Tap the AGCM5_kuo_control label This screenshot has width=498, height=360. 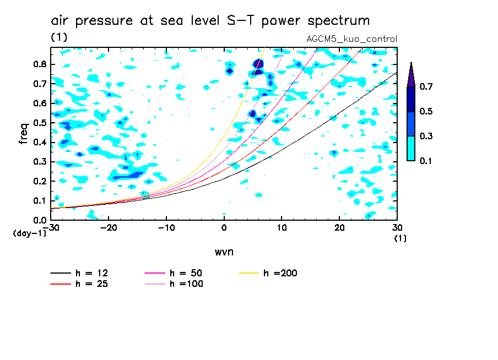(351, 39)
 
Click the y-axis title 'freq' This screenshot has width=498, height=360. (23, 133)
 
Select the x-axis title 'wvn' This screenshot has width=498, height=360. (223, 252)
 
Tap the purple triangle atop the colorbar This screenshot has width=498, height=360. (411, 75)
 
